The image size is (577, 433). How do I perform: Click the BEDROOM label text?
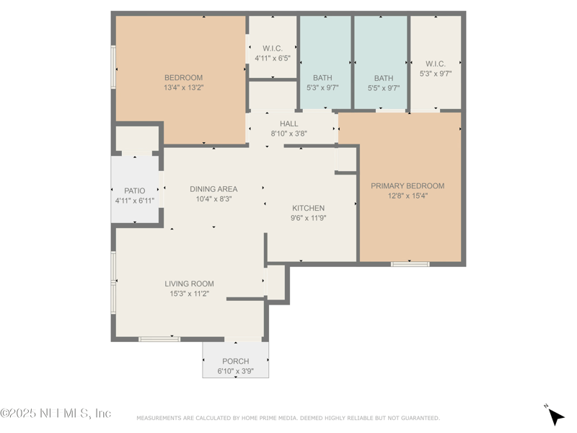click(x=183, y=78)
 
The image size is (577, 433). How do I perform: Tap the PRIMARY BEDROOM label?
click(x=408, y=186)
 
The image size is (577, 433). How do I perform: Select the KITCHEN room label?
click(x=309, y=208)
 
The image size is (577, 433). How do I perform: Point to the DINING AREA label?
click(x=213, y=189)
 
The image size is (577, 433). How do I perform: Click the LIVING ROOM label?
click(x=189, y=284)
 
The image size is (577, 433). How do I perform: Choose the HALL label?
click(x=289, y=123)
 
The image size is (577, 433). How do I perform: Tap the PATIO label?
click(x=134, y=191)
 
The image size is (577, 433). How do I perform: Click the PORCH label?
click(x=236, y=362)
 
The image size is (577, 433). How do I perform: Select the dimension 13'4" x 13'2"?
click(x=184, y=87)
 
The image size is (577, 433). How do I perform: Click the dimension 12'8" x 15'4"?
click(x=408, y=196)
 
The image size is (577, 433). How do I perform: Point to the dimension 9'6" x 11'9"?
click(x=309, y=218)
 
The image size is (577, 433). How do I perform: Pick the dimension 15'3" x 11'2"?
click(x=189, y=294)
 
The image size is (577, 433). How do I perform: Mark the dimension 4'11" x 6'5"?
click(x=273, y=58)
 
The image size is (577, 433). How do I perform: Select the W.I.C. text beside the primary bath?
click(x=436, y=64)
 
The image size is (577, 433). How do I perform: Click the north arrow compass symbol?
click(x=555, y=416)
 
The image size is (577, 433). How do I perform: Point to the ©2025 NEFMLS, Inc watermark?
click(x=56, y=413)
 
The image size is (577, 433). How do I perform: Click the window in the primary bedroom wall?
click(x=410, y=264)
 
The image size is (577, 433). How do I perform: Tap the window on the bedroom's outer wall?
click(x=113, y=67)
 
